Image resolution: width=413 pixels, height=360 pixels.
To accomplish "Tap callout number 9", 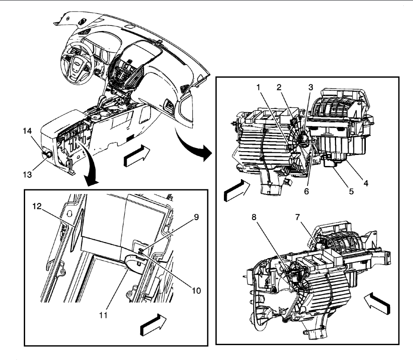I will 196,217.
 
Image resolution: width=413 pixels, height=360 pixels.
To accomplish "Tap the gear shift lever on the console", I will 102,101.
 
